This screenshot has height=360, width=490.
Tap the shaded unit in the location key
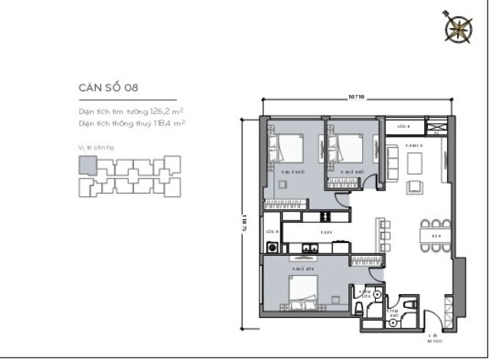coord(87,165)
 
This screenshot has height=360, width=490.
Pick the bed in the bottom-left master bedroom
coord(305,290)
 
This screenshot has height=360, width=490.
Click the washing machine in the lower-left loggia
coord(272,247)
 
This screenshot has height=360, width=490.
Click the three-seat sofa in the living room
coord(393,161)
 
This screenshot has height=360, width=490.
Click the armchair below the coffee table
coord(414,188)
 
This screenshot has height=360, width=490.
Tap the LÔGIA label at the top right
coord(403,125)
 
